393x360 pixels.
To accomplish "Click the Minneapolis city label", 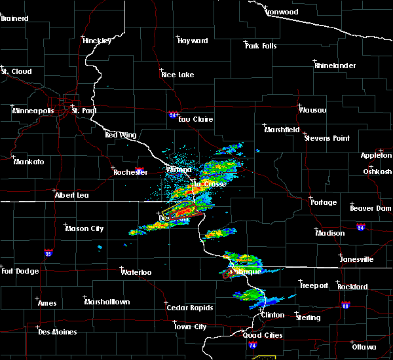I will click(x=33, y=111).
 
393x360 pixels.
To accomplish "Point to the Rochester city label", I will click(x=130, y=173).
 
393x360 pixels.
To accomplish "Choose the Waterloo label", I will click(x=136, y=272).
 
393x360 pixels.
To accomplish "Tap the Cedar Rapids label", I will click(x=187, y=308).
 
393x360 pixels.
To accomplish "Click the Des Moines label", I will click(x=57, y=332).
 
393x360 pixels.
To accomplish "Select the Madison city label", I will click(x=330, y=233).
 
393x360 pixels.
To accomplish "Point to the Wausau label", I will click(x=312, y=110).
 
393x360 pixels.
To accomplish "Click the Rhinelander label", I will click(x=335, y=66).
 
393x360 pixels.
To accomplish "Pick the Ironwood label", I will click(x=282, y=12).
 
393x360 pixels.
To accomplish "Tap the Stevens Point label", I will click(x=327, y=138).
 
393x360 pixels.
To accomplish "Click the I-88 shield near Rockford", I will click(x=346, y=305).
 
